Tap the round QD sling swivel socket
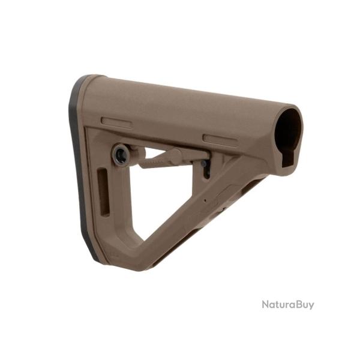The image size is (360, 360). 120,155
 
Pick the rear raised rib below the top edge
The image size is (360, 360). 116,123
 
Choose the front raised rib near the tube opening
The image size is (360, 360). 220,140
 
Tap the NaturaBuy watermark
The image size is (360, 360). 287,305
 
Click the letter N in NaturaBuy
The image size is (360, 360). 265,305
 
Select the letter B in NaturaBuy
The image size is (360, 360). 298,305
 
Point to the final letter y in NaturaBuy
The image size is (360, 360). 311,306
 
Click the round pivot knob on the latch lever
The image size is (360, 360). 176,157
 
